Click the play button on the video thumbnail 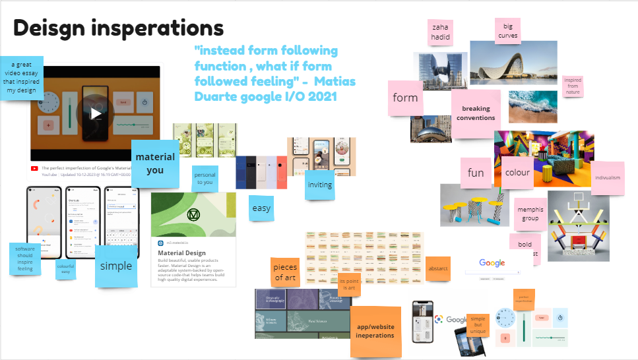(x=96, y=113)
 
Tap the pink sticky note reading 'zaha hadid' (x=441, y=32)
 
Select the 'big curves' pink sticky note (x=507, y=30)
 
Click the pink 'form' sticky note (x=405, y=98)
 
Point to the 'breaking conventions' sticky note (x=476, y=113)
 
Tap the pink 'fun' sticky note (x=476, y=173)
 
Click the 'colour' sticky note (x=517, y=172)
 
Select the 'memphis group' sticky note (x=530, y=214)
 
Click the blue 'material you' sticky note (x=155, y=162)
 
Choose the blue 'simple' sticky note (x=116, y=266)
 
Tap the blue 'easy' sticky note (x=261, y=208)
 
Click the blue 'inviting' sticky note (x=320, y=185)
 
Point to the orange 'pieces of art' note (x=286, y=272)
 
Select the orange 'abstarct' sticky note (x=438, y=268)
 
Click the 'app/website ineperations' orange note (x=375, y=330)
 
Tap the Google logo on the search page (x=492, y=263)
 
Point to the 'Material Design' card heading (x=181, y=253)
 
